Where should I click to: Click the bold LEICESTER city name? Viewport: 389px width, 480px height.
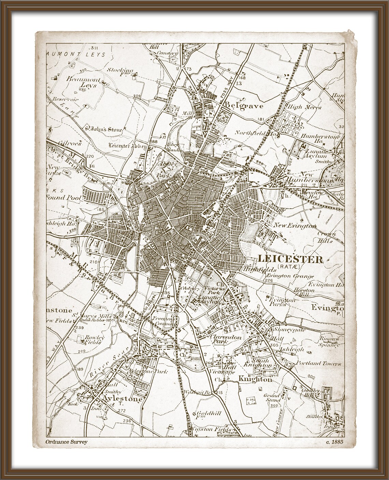pyautogui.click(x=290, y=259)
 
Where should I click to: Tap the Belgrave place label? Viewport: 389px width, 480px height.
pyautogui.click(x=244, y=106)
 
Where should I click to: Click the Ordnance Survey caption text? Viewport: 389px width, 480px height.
pyautogui.click(x=66, y=442)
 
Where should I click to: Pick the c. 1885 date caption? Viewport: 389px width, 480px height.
pyautogui.click(x=334, y=442)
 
